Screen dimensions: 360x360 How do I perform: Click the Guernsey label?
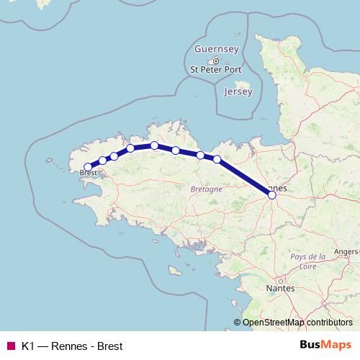click(x=215, y=49)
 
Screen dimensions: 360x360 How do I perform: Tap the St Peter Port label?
click(x=215, y=70)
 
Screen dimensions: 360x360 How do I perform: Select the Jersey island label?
click(x=238, y=92)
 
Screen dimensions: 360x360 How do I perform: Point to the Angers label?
click(x=346, y=251)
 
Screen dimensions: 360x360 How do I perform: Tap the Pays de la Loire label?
click(x=307, y=261)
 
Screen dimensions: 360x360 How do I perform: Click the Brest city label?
click(x=89, y=174)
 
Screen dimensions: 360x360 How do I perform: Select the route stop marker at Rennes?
click(x=271, y=194)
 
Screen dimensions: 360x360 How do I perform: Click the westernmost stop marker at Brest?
click(x=88, y=167)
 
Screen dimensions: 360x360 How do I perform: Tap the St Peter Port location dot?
click(x=215, y=60)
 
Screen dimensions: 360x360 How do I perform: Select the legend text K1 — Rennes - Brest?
click(x=72, y=345)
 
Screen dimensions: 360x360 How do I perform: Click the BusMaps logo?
click(x=325, y=344)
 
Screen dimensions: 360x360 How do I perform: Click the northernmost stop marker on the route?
click(x=155, y=145)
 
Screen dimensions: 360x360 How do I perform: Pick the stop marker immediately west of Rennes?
click(x=217, y=159)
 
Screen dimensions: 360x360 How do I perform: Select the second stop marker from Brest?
click(x=103, y=161)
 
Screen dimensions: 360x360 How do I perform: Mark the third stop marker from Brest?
click(x=114, y=156)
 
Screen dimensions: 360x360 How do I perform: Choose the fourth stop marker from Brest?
click(x=131, y=148)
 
